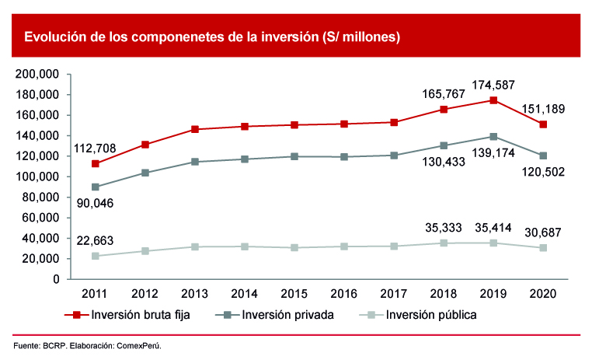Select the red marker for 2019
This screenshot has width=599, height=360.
[x=493, y=100]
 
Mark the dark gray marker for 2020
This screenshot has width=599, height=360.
[x=543, y=156]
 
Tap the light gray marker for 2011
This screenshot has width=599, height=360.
[x=96, y=256]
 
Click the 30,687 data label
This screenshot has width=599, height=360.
[x=542, y=231]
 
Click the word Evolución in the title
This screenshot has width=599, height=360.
[x=54, y=37]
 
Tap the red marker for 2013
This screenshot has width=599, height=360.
[x=195, y=129]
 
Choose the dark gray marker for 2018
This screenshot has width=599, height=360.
[x=444, y=145]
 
